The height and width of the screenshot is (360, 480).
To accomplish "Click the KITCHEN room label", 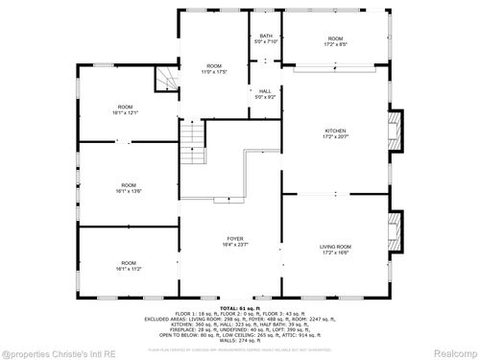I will tap(335, 131).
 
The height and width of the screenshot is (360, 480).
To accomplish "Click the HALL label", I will tap(264, 91).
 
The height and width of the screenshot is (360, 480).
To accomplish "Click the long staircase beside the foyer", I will tap(195, 144).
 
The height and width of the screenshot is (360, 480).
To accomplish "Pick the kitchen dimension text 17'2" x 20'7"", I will tap(335, 137).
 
